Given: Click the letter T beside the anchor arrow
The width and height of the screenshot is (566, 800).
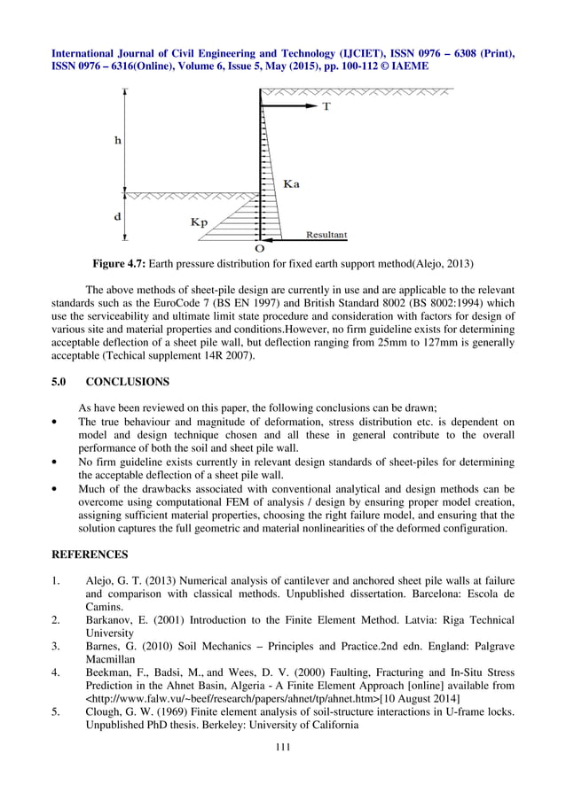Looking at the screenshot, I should (x=326, y=106).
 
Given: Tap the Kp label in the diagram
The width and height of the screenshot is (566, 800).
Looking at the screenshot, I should (x=200, y=222).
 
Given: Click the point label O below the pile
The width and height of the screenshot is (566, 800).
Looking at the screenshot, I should (x=260, y=248).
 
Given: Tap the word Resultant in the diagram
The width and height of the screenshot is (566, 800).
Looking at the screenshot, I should (x=326, y=235).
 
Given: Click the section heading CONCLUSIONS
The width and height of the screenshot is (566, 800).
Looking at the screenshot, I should (x=128, y=382).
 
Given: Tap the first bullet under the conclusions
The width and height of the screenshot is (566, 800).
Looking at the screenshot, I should (x=57, y=423).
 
